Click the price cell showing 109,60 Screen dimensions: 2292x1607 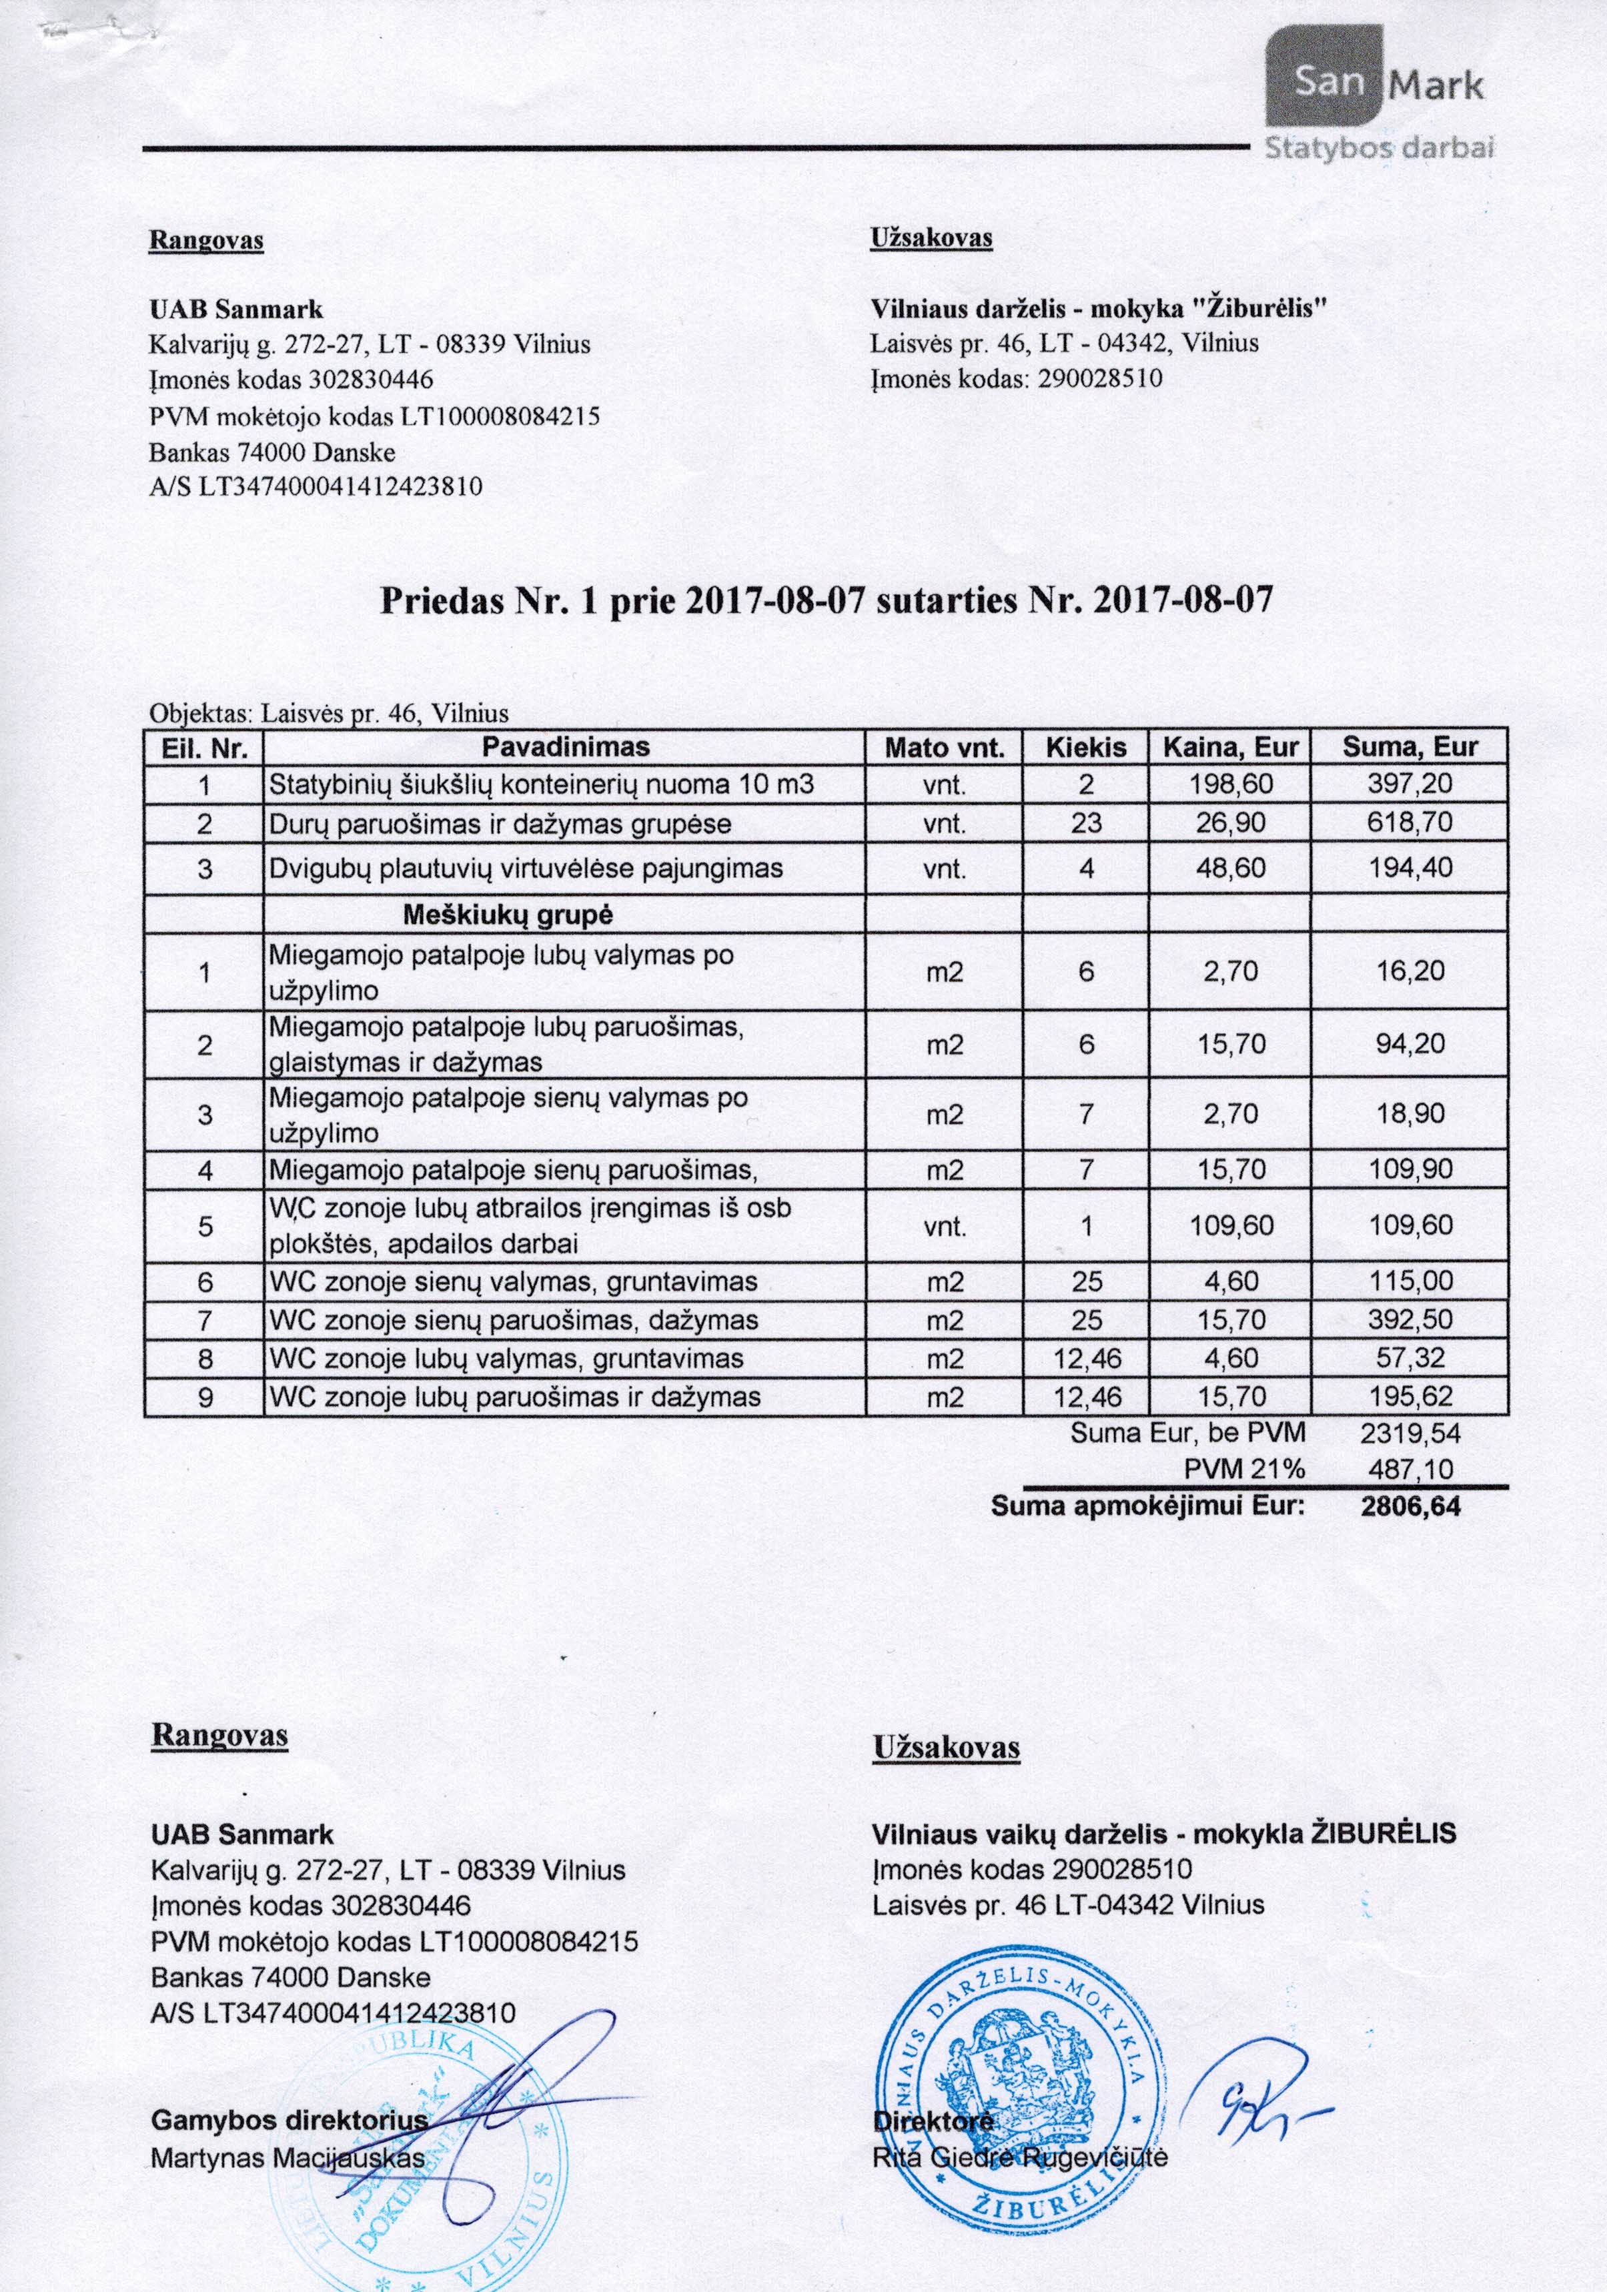pos(1231,1226)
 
